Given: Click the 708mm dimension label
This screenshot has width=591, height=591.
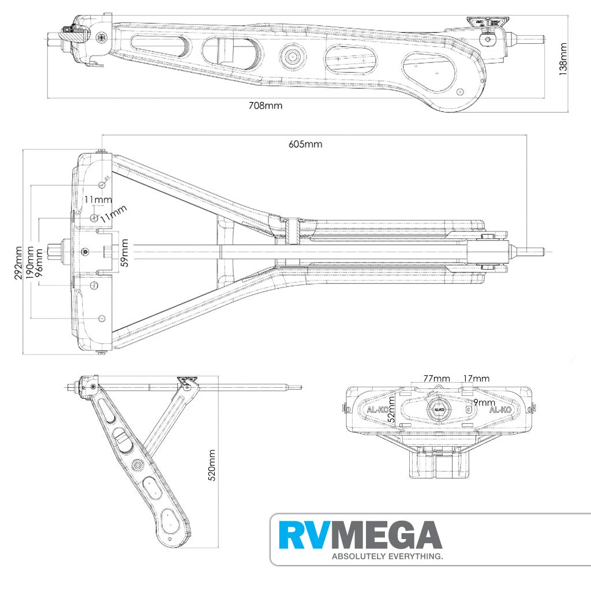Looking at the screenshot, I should point(265,106).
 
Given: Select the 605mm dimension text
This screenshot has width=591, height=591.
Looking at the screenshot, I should point(305,144).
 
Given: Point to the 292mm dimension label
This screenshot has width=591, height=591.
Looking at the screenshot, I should point(19,263).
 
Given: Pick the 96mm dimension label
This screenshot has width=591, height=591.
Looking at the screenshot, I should point(39,263).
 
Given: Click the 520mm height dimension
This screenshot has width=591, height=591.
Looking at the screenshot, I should point(212,465).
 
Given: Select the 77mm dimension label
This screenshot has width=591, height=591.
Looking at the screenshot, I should point(437,379).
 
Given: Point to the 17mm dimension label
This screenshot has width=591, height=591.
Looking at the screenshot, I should point(476,379).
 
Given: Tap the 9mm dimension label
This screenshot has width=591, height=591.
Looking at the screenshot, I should point(483,402).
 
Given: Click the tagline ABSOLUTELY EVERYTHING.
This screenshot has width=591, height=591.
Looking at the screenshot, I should point(386,557).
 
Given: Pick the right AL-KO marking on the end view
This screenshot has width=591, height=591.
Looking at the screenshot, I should point(500,410).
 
